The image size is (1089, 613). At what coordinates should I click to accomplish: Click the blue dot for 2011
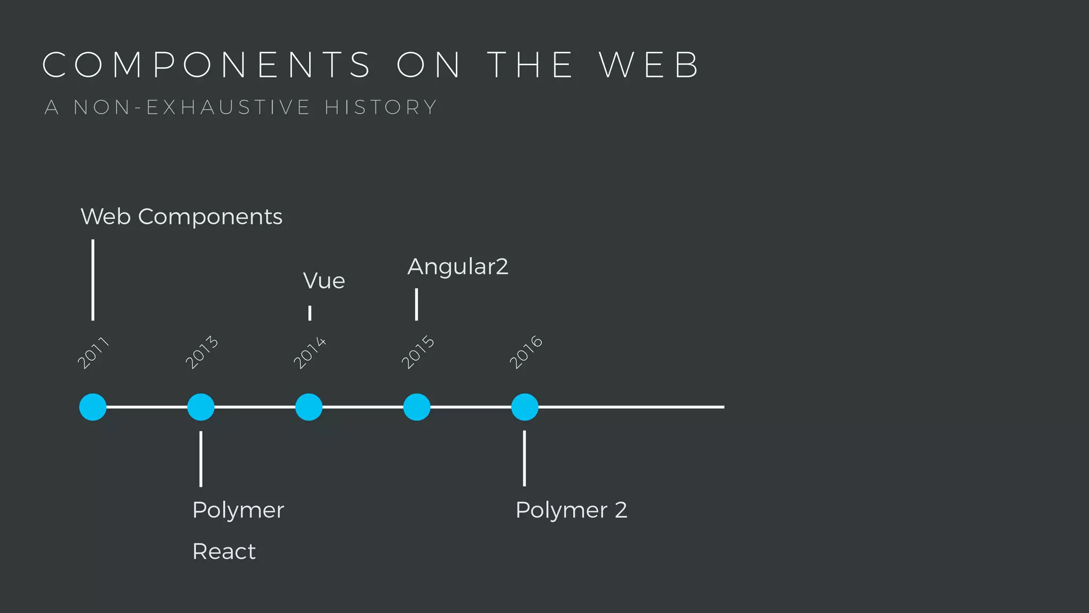(x=93, y=407)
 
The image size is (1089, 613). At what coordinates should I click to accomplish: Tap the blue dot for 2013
(x=201, y=407)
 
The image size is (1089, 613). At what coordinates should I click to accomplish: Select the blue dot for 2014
(x=309, y=407)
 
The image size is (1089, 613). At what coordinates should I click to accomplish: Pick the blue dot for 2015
(x=417, y=407)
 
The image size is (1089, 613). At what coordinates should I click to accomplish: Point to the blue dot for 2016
(x=525, y=407)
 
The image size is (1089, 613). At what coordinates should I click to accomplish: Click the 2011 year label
(x=93, y=352)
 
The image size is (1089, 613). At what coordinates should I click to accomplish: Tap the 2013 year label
(x=202, y=352)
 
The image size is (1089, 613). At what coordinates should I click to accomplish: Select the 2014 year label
(x=309, y=352)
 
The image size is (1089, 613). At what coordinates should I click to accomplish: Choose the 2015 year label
(x=417, y=352)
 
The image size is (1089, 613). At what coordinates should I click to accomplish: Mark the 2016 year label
(x=526, y=352)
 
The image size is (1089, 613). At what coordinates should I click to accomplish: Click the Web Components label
(x=181, y=217)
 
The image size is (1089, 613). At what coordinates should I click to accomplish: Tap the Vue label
(x=324, y=281)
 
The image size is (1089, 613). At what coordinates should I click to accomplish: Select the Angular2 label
(x=458, y=267)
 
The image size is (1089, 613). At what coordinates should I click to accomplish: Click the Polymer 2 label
(x=571, y=510)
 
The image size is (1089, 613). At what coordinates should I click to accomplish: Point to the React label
(x=224, y=552)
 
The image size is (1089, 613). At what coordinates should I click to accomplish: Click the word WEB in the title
(x=649, y=65)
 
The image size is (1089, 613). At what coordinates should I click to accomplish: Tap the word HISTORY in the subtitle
(x=381, y=107)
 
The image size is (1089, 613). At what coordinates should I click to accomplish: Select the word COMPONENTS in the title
(x=206, y=65)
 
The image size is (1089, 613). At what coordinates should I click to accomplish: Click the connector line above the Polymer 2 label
(x=524, y=458)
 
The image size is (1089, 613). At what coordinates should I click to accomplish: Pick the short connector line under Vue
(x=309, y=313)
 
